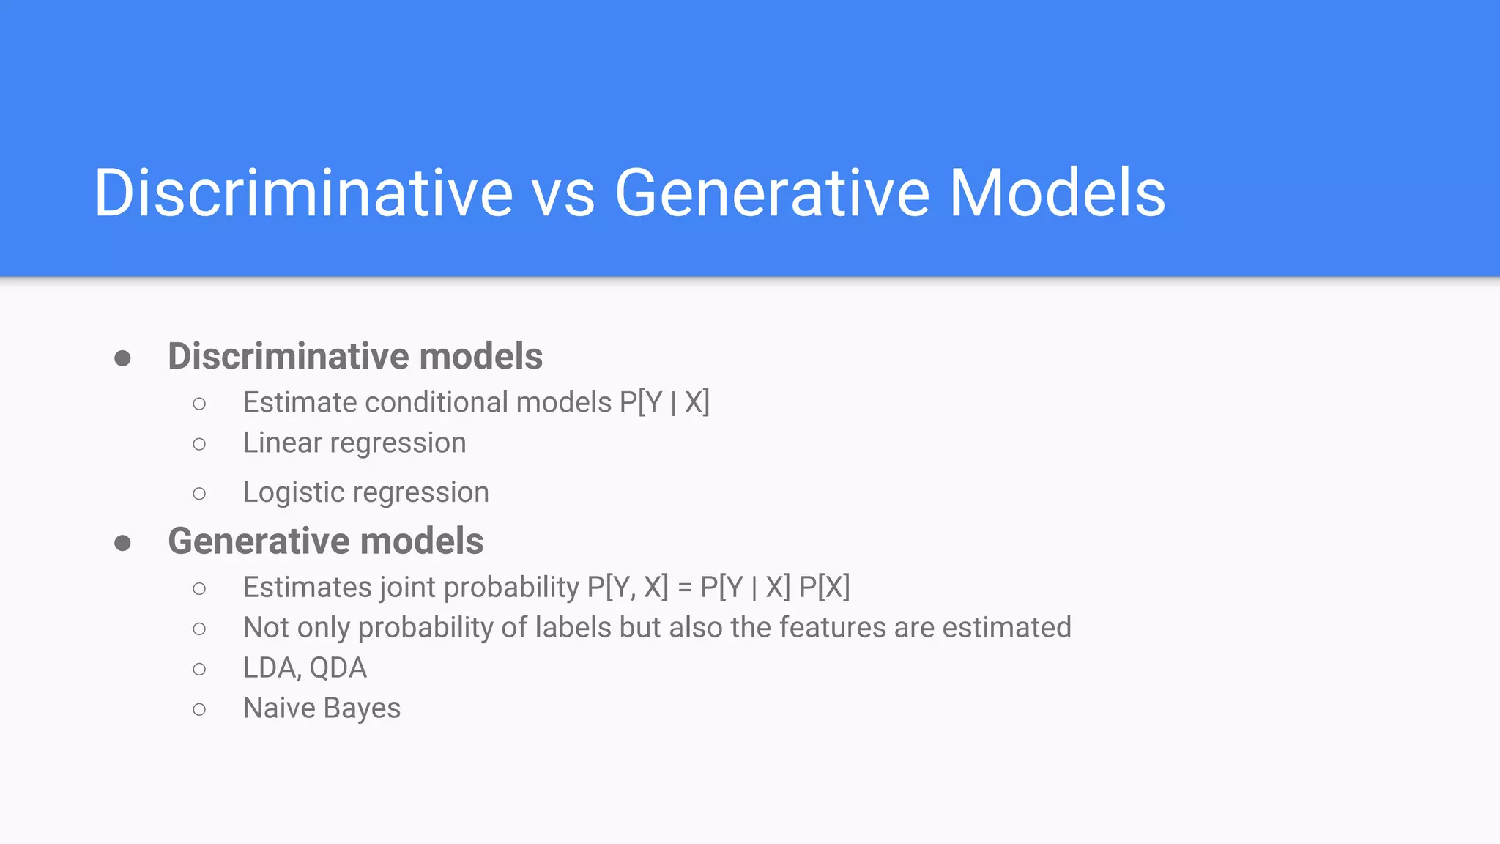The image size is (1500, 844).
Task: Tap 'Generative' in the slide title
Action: click(x=772, y=194)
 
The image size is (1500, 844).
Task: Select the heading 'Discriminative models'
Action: click(x=355, y=357)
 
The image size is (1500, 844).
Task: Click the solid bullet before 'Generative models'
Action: click(x=123, y=543)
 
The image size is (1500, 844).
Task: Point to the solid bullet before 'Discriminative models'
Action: click(x=123, y=358)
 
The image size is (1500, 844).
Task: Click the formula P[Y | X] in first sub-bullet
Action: click(x=664, y=403)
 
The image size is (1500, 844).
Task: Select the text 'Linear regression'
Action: click(x=354, y=443)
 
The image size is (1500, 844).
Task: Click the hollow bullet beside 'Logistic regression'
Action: click(x=199, y=494)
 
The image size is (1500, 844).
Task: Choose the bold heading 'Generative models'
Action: click(x=325, y=541)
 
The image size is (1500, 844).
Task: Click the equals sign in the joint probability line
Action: click(x=684, y=588)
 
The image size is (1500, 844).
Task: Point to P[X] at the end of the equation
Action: click(x=824, y=588)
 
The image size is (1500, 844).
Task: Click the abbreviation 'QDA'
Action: click(x=338, y=668)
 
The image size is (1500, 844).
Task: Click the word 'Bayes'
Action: click(x=362, y=708)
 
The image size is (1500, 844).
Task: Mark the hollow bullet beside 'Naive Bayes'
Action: click(x=199, y=709)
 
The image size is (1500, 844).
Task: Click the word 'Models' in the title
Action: click(x=1057, y=194)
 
